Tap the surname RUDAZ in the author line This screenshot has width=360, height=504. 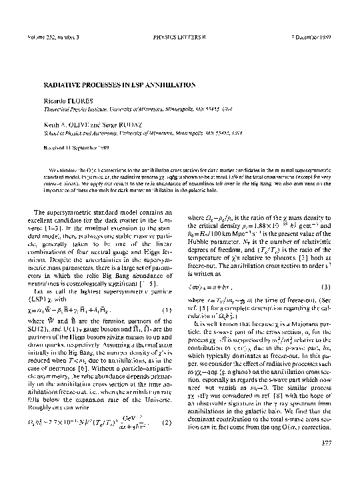pyautogui.click(x=129, y=124)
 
